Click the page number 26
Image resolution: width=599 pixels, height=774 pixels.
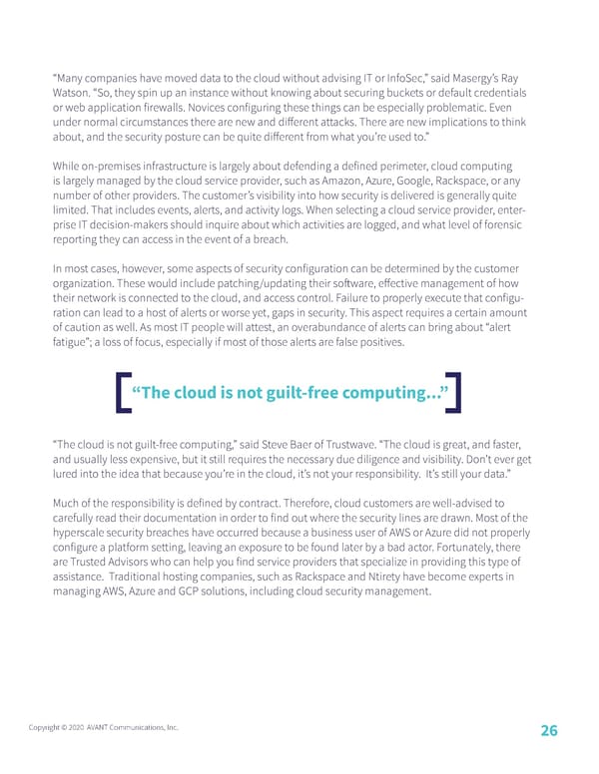tap(548, 730)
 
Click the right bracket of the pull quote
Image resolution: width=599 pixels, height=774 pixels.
tap(455, 391)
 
